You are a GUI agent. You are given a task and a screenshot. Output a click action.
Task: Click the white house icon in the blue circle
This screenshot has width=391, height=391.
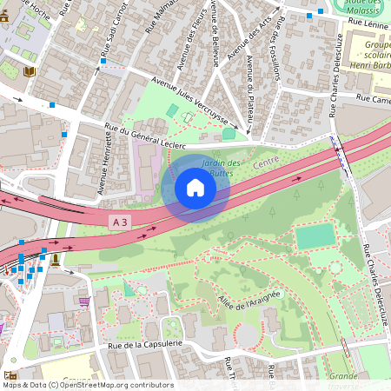click(195, 188)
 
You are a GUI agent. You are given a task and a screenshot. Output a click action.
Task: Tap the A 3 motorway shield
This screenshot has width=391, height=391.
click(123, 223)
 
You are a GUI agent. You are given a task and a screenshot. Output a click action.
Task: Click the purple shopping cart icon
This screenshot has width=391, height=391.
click(84, 302)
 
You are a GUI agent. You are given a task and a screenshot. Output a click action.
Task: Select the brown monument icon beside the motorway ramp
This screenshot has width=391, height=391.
click(56, 258)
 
